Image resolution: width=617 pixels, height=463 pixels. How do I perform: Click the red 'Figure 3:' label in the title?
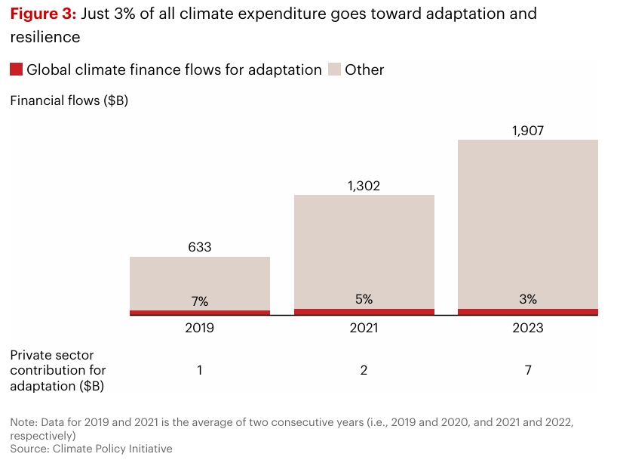[x=43, y=14]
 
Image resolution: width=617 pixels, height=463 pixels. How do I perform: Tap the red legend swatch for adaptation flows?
[x=16, y=69]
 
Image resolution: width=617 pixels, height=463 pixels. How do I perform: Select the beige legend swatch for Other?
[x=335, y=69]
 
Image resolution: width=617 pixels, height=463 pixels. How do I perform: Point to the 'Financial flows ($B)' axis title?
[x=69, y=100]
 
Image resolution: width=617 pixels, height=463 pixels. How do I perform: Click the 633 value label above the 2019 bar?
[x=200, y=247]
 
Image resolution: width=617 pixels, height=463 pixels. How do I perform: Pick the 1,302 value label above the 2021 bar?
[x=364, y=185]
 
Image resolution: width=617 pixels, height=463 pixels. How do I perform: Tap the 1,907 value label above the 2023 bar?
[x=527, y=130]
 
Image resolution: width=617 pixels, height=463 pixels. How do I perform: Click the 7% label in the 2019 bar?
[x=200, y=301]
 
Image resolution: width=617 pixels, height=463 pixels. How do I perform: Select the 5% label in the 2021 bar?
[x=364, y=299]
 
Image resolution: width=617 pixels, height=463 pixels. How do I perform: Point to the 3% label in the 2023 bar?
[x=527, y=299]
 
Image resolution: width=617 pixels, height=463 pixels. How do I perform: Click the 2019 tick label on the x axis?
[x=200, y=328]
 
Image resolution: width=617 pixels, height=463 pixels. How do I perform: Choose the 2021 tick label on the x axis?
[x=364, y=328]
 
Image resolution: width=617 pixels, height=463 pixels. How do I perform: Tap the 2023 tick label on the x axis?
[x=527, y=328]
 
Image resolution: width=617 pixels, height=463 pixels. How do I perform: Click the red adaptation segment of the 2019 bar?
[x=200, y=313]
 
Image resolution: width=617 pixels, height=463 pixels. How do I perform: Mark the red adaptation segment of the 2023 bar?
[x=527, y=312]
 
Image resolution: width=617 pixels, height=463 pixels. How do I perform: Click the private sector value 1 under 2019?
[x=200, y=370]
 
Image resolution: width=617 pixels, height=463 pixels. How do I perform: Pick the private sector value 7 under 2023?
[x=527, y=370]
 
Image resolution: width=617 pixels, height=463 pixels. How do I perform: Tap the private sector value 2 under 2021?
[x=364, y=370]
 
